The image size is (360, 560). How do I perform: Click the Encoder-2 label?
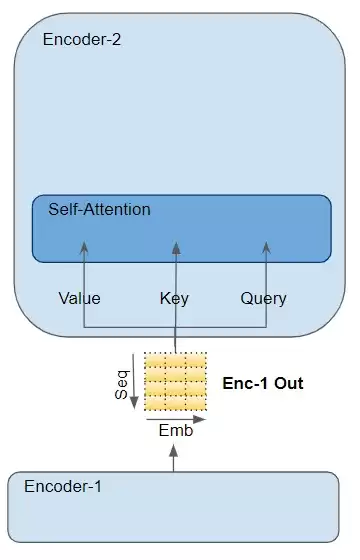82,39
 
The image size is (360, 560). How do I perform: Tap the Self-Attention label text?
99,209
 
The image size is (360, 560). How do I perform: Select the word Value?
79,299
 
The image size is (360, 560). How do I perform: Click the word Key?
174,299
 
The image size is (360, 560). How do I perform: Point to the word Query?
264,299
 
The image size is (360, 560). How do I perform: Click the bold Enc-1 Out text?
263,383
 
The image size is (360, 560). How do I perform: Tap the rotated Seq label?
122,385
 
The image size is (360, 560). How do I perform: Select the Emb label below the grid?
176,430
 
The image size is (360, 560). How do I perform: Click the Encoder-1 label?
63,486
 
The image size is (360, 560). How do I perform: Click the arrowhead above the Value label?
84,248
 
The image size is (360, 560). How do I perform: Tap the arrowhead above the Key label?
176,248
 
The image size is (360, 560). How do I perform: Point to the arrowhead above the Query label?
266,248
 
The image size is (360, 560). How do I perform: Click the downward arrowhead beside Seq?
134,402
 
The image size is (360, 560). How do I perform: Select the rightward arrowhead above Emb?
200,419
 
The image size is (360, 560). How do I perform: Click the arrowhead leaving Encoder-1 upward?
174,451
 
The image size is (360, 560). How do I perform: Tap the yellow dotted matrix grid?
176,381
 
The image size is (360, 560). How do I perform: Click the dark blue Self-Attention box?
182,229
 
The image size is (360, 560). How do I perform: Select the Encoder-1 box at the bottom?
173,507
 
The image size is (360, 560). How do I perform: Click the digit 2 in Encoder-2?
117,39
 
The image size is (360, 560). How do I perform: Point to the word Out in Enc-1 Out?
289,383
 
